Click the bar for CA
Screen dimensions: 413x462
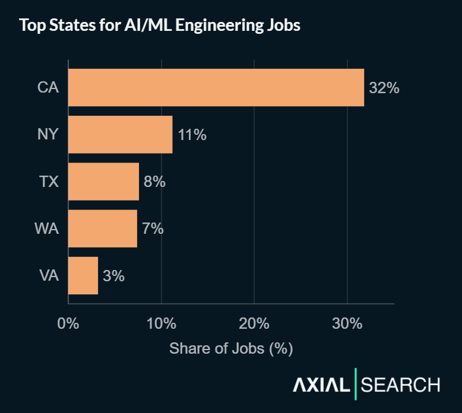click(216, 88)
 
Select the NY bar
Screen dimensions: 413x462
click(120, 135)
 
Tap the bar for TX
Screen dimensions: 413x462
click(103, 182)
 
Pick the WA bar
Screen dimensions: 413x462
click(102, 228)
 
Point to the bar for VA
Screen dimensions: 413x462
click(83, 275)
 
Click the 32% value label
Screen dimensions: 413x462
click(384, 88)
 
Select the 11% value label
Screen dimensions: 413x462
click(192, 135)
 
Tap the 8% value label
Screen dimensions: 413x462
click(154, 182)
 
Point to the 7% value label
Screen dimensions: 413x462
click(153, 228)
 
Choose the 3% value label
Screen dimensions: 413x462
click(113, 275)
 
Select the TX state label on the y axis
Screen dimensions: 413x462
click(49, 182)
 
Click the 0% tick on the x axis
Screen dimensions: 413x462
click(68, 324)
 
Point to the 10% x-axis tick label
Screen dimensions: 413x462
click(161, 324)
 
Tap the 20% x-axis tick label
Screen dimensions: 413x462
click(254, 324)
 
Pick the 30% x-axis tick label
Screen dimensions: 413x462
click(347, 324)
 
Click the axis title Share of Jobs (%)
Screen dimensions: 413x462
click(231, 348)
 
